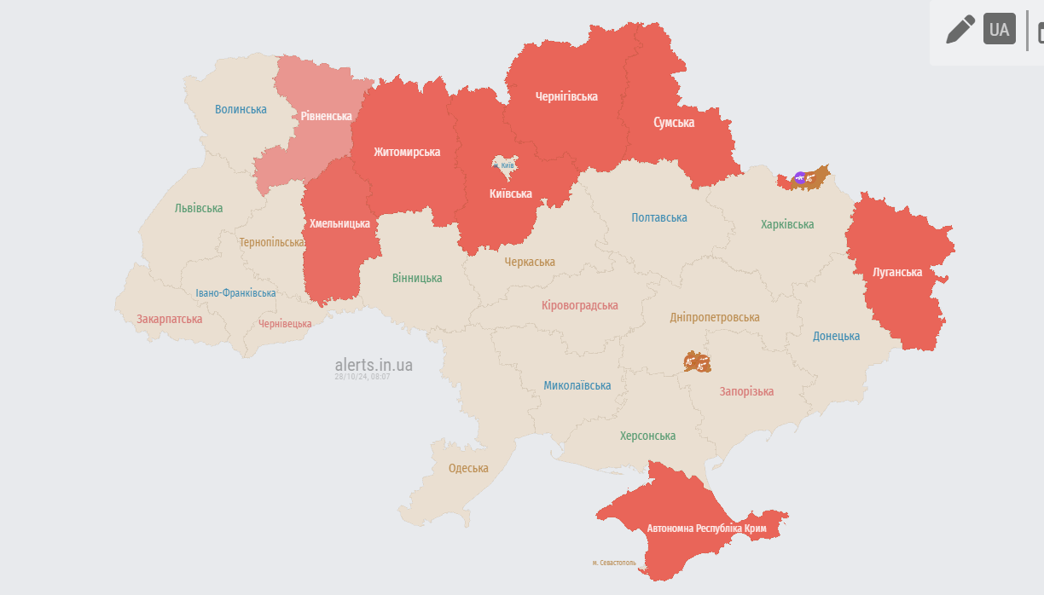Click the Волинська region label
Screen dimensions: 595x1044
click(x=241, y=109)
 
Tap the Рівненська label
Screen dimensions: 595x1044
click(x=326, y=116)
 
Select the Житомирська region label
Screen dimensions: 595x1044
click(x=407, y=152)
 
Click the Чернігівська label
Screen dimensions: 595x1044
click(x=566, y=96)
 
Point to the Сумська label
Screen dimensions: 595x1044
click(x=674, y=122)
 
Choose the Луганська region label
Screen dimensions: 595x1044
click(x=897, y=272)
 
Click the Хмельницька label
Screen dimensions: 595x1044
click(x=339, y=223)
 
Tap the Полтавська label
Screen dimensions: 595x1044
click(x=659, y=217)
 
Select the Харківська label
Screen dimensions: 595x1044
click(x=787, y=224)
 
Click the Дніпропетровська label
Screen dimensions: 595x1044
click(x=714, y=317)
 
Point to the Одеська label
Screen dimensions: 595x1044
click(x=468, y=468)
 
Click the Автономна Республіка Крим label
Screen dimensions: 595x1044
click(x=706, y=529)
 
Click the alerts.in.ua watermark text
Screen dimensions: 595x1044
click(x=374, y=365)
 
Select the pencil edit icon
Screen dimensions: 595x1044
click(x=960, y=29)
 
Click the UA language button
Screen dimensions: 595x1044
click(x=999, y=29)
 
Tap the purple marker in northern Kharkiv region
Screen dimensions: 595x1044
click(x=799, y=177)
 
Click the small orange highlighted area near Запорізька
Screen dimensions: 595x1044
click(x=697, y=362)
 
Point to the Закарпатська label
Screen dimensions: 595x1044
click(x=170, y=319)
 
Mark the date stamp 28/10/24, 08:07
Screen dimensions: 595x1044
click(x=362, y=377)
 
